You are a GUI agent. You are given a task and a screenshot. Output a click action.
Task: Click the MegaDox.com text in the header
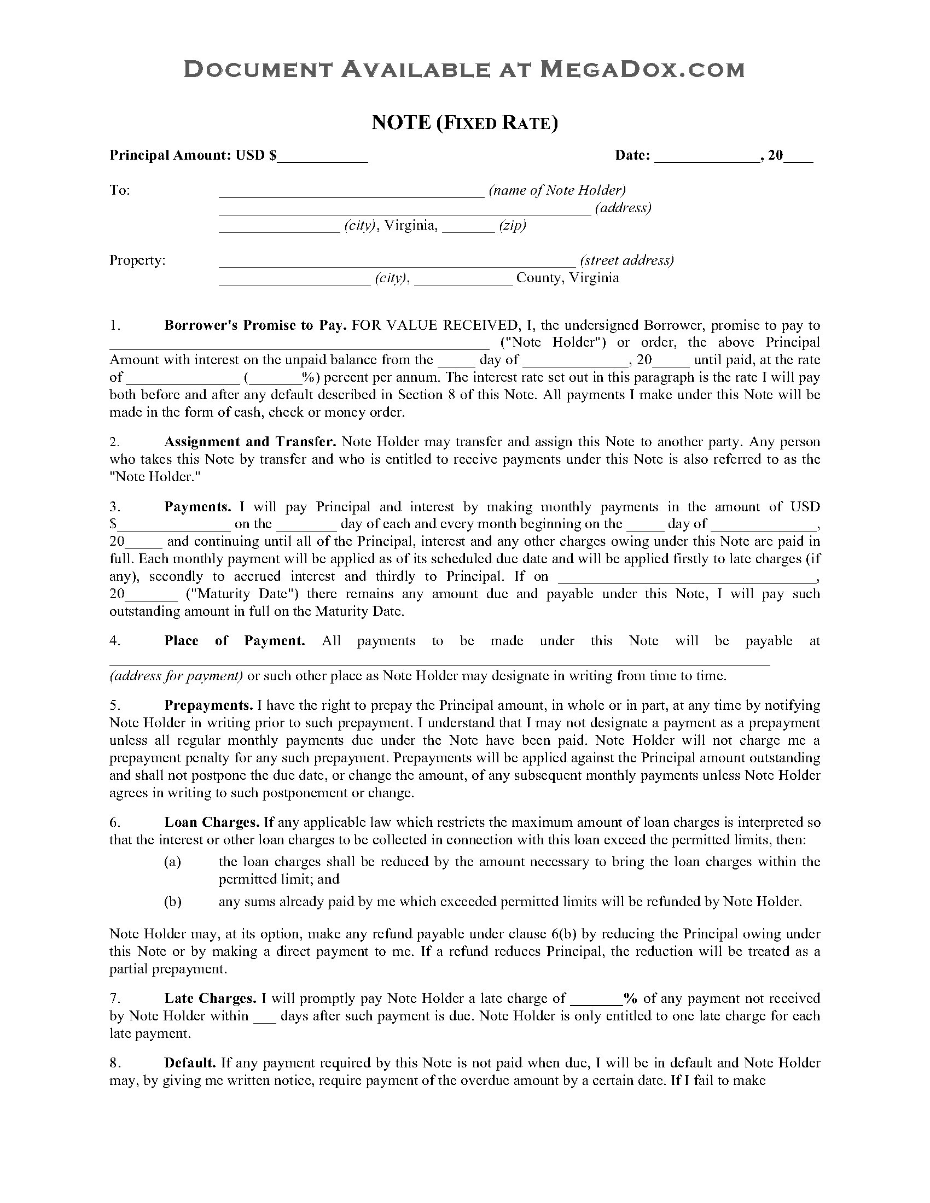point(641,69)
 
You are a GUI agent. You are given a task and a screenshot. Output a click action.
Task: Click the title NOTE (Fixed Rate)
point(464,122)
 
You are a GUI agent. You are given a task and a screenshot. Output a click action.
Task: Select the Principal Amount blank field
point(323,156)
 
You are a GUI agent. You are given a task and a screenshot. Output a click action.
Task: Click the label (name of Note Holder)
point(557,191)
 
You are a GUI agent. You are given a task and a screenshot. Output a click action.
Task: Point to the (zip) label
point(513,226)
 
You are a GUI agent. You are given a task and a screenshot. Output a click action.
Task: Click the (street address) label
point(626,260)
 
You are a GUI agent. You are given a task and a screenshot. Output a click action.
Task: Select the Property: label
point(137,260)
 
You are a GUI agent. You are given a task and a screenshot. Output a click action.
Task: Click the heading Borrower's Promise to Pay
point(255,325)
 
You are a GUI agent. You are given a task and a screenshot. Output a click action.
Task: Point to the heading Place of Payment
point(234,641)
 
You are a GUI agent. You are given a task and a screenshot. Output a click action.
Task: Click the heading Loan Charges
point(212,822)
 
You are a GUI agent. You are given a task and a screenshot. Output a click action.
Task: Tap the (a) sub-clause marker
point(172,862)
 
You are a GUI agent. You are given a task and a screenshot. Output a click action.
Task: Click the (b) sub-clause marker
point(172,902)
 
